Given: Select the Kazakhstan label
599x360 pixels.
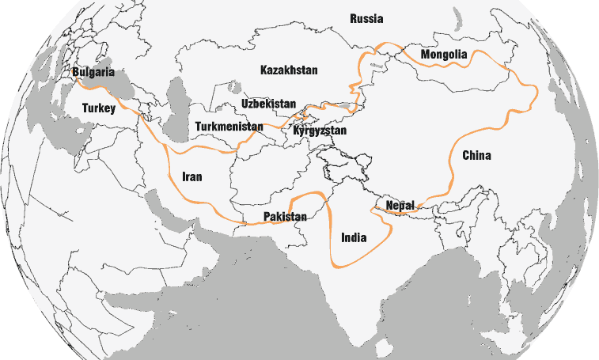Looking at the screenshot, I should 289,70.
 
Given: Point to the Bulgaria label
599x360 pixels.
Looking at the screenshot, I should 93,73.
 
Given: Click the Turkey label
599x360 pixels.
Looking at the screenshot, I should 99,109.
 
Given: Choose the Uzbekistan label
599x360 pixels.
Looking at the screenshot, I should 269,104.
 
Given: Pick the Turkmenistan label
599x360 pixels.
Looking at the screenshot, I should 229,127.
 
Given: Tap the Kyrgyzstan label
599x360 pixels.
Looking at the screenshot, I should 320,131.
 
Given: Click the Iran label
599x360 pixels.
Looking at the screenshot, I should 191,177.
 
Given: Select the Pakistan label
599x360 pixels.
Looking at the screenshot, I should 284,217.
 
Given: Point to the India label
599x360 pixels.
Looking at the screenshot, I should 354,237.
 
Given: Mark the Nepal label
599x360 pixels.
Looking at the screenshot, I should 400,206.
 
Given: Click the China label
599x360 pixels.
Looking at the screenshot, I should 476,155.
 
